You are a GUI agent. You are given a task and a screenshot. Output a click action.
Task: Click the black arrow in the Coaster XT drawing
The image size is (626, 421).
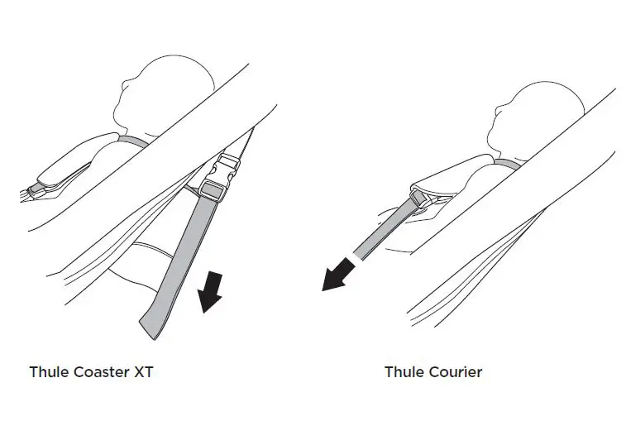click(x=210, y=294)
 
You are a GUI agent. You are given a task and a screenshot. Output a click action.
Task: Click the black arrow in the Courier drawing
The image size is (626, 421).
click(x=338, y=275)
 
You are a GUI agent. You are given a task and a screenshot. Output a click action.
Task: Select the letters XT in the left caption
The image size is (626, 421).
click(x=142, y=371)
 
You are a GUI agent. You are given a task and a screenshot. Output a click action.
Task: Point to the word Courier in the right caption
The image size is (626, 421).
click(x=455, y=371)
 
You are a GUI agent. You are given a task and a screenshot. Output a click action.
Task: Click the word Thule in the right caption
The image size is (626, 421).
click(x=404, y=371)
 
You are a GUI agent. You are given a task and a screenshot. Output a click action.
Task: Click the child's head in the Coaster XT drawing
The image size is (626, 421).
click(x=170, y=91)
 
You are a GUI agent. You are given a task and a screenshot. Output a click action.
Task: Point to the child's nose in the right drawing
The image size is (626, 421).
click(x=495, y=108)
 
